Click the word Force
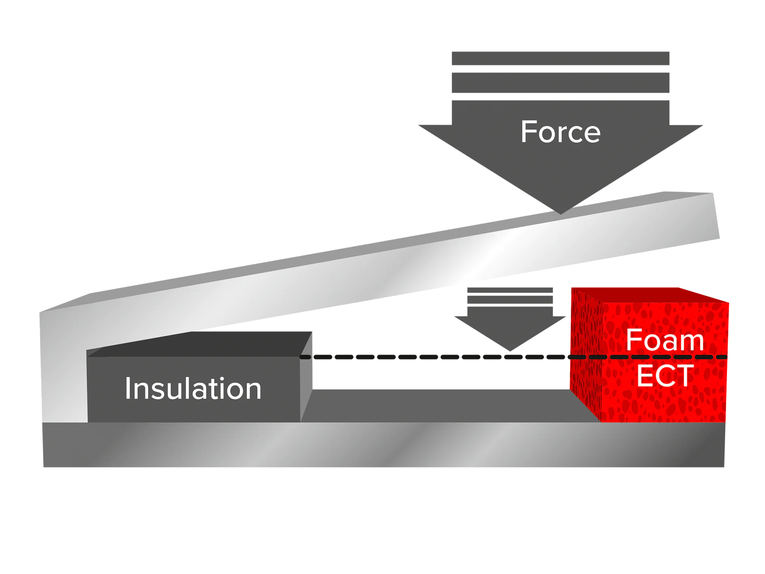(x=560, y=132)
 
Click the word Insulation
(x=193, y=388)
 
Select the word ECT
(x=665, y=375)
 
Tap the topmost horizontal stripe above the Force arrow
(x=560, y=58)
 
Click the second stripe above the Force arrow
(x=560, y=83)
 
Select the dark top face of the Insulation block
(x=194, y=345)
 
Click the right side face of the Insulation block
(x=307, y=377)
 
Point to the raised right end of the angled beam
(x=705, y=219)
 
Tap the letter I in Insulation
(x=128, y=388)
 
